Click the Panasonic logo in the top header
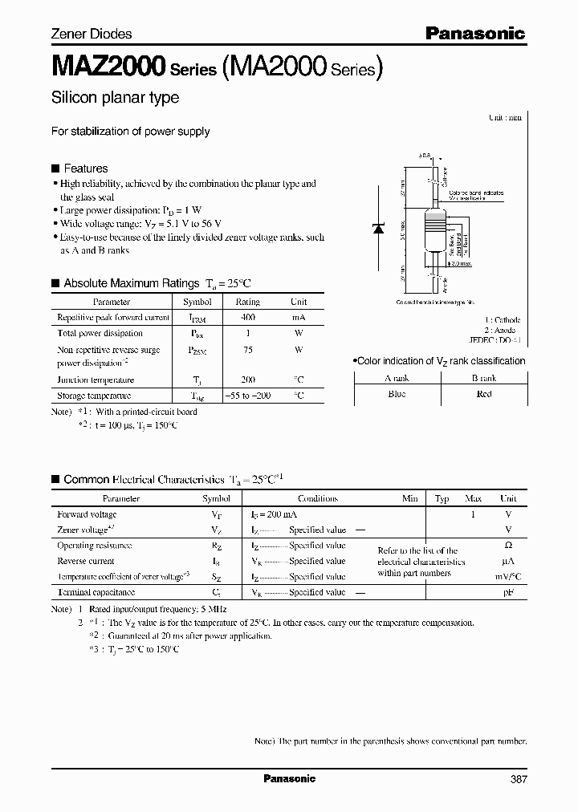tap(474, 33)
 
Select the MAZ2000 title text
tap(108, 67)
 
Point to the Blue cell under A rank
tap(397, 394)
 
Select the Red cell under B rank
tap(483, 394)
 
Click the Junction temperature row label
tap(96, 380)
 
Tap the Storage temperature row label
tap(94, 396)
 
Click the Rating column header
tap(247, 302)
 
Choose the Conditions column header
tap(317, 498)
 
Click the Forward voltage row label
tap(87, 514)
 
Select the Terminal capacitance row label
tap(95, 592)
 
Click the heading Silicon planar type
tap(115, 98)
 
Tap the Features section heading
tap(85, 168)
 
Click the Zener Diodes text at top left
tap(92, 34)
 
